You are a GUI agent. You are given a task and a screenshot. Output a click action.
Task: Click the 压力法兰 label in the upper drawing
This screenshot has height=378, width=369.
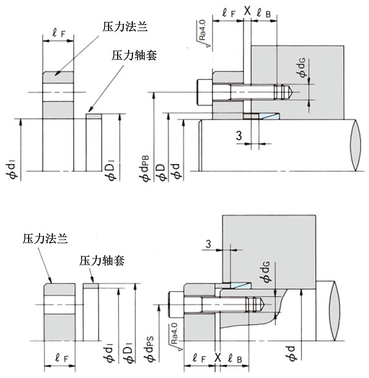coord(125,27)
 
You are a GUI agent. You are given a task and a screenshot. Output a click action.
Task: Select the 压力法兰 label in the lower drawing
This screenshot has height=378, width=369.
coord(45,237)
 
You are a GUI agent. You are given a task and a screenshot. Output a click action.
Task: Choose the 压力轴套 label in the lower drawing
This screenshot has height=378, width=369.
coord(102,261)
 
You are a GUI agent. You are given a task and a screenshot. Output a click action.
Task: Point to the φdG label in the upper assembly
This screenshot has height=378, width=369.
coord(301,76)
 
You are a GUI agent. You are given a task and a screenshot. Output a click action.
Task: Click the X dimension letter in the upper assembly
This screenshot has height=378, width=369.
coord(247,10)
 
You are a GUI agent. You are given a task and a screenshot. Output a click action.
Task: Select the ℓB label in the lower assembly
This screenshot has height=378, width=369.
coord(234,358)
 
